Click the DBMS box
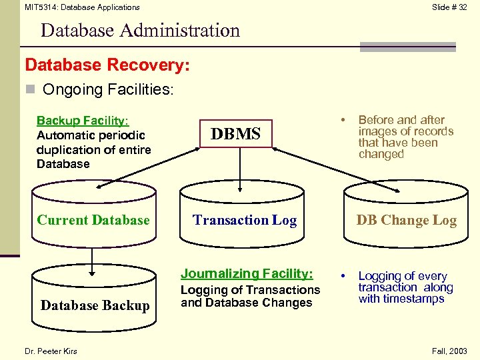[236, 134]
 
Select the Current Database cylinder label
[93, 220]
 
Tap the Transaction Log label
[245, 220]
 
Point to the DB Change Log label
[406, 221]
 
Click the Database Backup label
[95, 305]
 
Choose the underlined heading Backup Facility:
[82, 121]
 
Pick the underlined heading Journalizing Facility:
[247, 273]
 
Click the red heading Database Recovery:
[107, 65]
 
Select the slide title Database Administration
[140, 31]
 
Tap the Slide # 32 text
[449, 7]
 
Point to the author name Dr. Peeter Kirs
[51, 351]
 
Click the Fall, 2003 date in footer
[449, 351]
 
